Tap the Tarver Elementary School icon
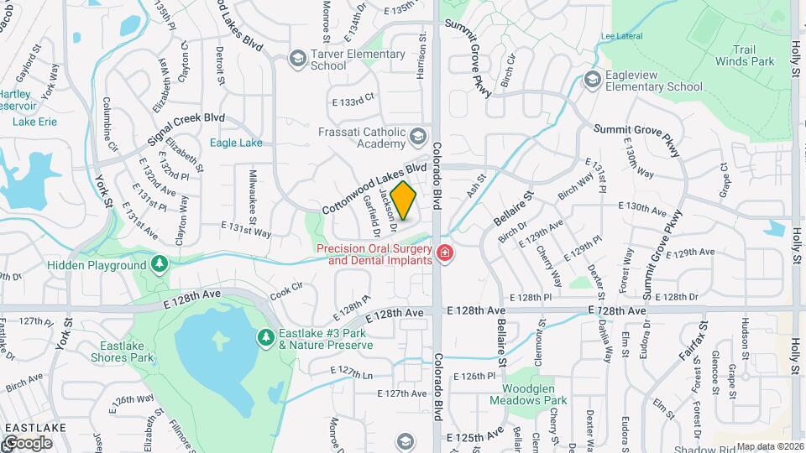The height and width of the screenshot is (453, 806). (x=297, y=59)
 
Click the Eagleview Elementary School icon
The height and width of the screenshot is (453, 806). (x=592, y=80)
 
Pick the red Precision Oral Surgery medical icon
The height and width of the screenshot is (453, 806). (x=444, y=253)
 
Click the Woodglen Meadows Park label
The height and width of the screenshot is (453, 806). (x=535, y=394)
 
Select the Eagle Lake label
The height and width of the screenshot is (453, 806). (x=236, y=143)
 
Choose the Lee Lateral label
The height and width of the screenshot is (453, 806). (x=620, y=36)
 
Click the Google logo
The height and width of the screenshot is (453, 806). (x=28, y=442)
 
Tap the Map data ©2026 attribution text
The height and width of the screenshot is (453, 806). (x=769, y=446)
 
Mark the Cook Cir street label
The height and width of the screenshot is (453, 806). (x=285, y=291)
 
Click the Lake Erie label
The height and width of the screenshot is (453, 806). (x=35, y=122)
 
